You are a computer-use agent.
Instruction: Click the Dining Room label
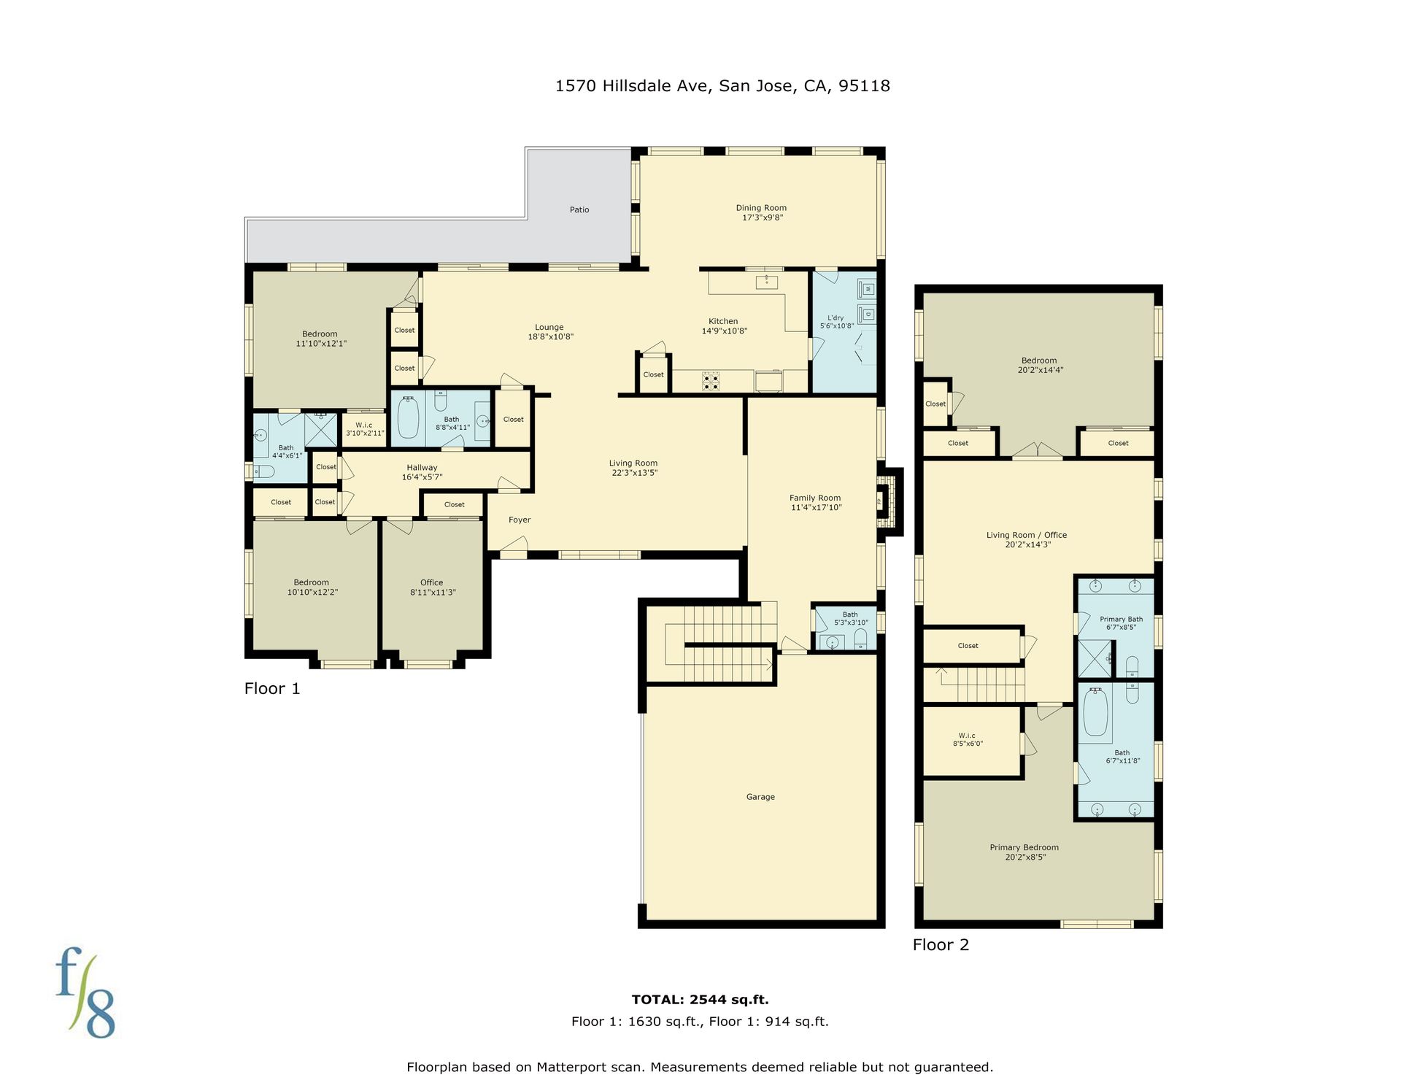tap(761, 208)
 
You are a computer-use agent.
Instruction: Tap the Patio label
tap(579, 210)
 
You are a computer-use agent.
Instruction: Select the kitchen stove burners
tap(711, 382)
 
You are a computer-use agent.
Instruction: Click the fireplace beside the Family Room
tap(886, 501)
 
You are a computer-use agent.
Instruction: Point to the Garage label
tap(760, 797)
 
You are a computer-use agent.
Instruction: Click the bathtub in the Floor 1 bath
tap(408, 417)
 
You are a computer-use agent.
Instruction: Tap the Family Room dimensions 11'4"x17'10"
tap(816, 508)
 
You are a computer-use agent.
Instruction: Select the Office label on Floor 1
tap(431, 582)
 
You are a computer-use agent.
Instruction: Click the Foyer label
tap(520, 520)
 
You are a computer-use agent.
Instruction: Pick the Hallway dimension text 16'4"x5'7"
tap(422, 477)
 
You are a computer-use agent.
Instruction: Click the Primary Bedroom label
tap(1024, 847)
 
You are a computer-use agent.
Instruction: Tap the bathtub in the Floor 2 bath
tap(1095, 712)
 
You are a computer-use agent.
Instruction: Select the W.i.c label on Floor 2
tap(967, 736)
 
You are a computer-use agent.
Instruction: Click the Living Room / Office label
tap(1027, 535)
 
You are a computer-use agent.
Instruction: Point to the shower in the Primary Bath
tap(1095, 659)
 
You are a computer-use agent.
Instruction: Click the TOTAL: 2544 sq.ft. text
tap(700, 1000)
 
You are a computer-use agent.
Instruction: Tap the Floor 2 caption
tap(941, 945)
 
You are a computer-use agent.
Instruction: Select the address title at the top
tap(722, 86)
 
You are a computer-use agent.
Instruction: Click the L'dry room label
tap(835, 318)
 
